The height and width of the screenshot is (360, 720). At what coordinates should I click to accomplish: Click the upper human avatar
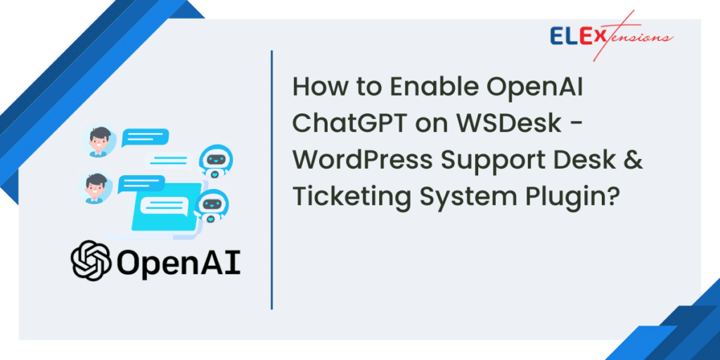click(101, 141)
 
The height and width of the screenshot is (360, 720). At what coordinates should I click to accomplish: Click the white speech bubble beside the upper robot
click(169, 160)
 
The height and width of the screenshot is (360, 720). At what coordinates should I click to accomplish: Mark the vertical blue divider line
click(271, 180)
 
